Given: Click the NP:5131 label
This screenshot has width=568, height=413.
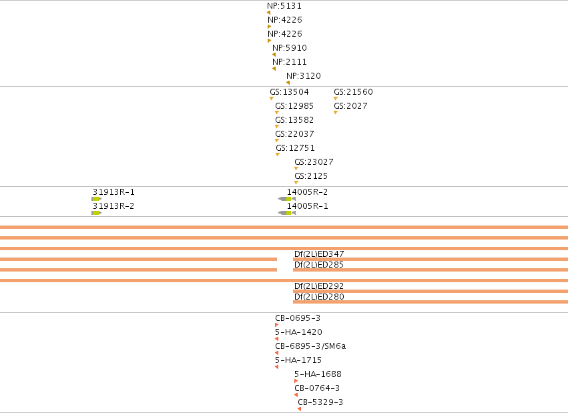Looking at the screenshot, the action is [x=284, y=6].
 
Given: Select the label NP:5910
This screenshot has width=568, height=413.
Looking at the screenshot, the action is [x=290, y=48].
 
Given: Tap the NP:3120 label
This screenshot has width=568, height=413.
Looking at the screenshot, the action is [x=304, y=76].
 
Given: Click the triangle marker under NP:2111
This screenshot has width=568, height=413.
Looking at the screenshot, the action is [x=274, y=69].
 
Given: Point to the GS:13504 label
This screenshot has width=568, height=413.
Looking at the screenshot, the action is [x=289, y=92].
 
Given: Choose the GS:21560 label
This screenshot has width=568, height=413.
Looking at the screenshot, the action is [x=353, y=92].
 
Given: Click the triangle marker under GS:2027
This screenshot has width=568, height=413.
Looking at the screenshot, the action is [x=336, y=113].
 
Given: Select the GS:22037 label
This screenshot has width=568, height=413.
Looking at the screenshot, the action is [x=294, y=134].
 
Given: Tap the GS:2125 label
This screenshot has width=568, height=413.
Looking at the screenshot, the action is [x=311, y=176].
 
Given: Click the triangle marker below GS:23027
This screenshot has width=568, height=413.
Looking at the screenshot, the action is [x=296, y=169].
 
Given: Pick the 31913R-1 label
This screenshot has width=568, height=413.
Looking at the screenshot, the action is [x=113, y=192].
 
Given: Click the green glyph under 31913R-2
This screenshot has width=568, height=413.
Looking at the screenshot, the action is [x=96, y=213].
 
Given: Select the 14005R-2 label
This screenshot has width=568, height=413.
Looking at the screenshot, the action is [x=307, y=192].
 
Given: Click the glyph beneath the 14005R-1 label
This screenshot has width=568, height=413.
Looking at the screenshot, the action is [x=287, y=213].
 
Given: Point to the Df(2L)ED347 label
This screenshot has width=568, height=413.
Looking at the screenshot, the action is [x=319, y=254].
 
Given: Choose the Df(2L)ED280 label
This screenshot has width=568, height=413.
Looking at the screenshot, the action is [x=319, y=297].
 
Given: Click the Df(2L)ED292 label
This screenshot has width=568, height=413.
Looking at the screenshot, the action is [x=319, y=286].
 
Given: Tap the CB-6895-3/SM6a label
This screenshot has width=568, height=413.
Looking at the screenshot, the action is [x=310, y=346].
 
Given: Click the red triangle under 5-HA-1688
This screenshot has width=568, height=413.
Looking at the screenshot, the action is [x=296, y=381].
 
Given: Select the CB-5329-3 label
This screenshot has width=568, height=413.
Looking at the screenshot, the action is [x=320, y=402].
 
